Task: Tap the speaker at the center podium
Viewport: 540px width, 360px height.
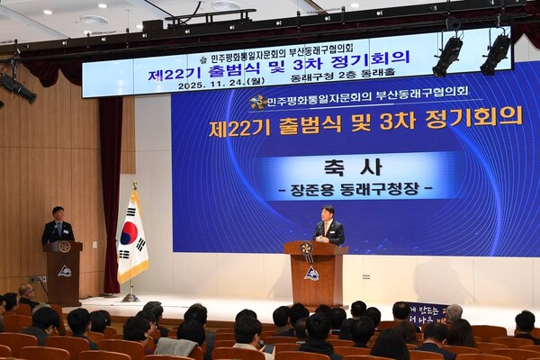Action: click(330, 227)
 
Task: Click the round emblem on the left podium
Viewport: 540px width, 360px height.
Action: click(64, 247)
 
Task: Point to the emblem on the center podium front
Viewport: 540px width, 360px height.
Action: click(311, 273)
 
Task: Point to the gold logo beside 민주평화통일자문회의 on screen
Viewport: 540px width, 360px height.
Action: click(259, 102)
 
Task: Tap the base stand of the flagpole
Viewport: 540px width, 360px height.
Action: click(130, 297)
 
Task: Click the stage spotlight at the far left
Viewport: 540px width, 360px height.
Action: click(16, 87)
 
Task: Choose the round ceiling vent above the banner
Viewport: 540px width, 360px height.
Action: click(94, 20)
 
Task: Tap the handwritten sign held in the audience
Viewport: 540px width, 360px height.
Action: click(426, 313)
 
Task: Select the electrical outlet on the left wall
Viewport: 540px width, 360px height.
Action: click(38, 279)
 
